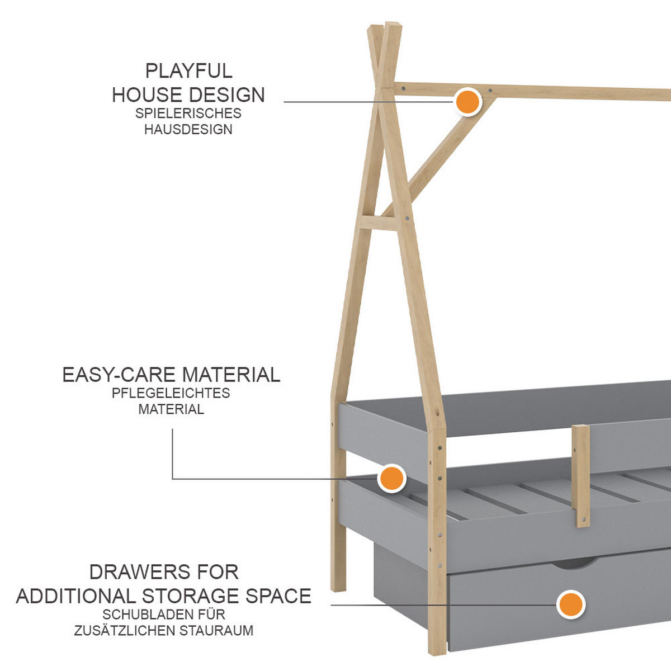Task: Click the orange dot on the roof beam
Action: pyautogui.click(x=467, y=102)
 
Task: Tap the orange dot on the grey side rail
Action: pyautogui.click(x=391, y=479)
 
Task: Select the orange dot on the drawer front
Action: pyautogui.click(x=570, y=604)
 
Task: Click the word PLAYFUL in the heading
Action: pyautogui.click(x=188, y=71)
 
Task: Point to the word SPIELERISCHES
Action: pyautogui.click(x=188, y=113)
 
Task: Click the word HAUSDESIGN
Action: pyautogui.click(x=188, y=129)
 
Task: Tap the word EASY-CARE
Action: pyautogui.click(x=119, y=375)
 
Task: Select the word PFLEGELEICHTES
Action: pyautogui.click(x=171, y=393)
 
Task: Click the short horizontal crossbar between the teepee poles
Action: pyautogui.click(x=377, y=222)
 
